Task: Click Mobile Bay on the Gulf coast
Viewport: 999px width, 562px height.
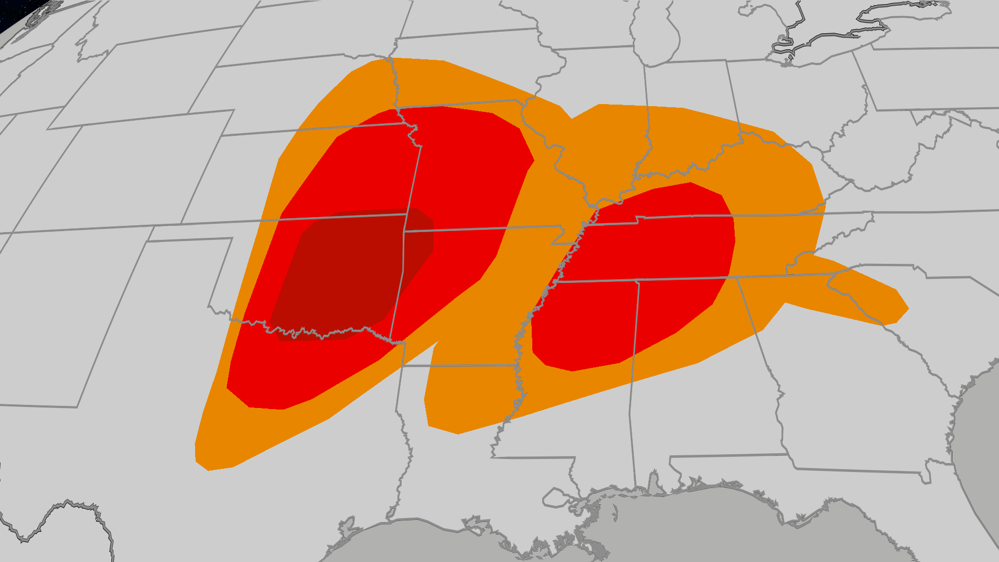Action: (654, 481)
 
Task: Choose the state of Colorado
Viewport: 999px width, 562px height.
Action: (104, 172)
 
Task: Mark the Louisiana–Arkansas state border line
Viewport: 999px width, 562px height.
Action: (458, 366)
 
